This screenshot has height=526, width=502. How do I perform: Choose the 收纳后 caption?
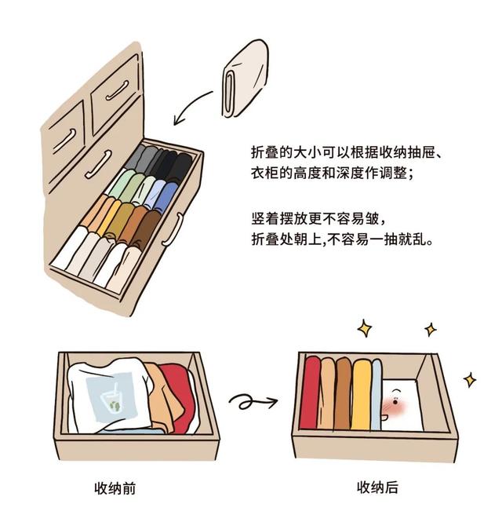pyautogui.click(x=377, y=488)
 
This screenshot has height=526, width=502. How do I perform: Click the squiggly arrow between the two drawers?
pyautogui.click(x=252, y=402)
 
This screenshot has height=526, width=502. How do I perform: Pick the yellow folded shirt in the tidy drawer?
pyautogui.click(x=360, y=393)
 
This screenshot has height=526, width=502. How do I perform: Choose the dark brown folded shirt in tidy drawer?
pyautogui.click(x=343, y=393)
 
